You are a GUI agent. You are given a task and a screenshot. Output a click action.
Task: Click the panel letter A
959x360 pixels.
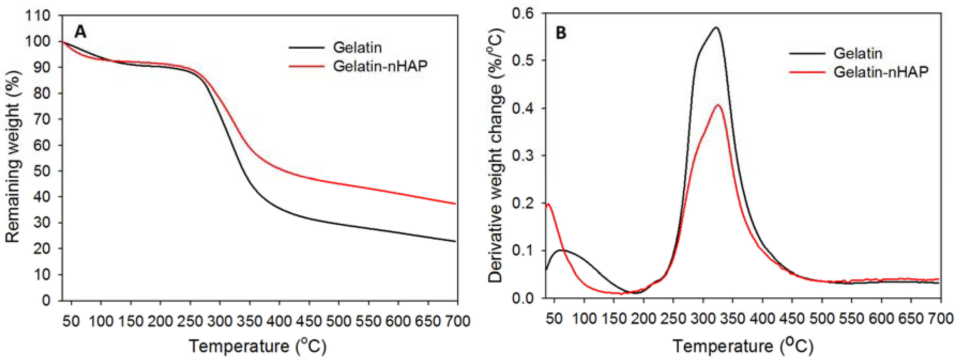pyautogui.click(x=81, y=32)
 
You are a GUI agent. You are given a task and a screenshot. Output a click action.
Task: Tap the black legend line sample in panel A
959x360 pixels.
pyautogui.click(x=306, y=48)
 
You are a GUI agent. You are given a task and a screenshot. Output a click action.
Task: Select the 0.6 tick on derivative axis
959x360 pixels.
pyautogui.click(x=523, y=14)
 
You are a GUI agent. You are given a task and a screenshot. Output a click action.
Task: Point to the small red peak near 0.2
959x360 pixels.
pyautogui.click(x=548, y=204)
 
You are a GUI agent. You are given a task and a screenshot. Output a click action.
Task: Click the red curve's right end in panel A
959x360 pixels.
pyautogui.click(x=455, y=204)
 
